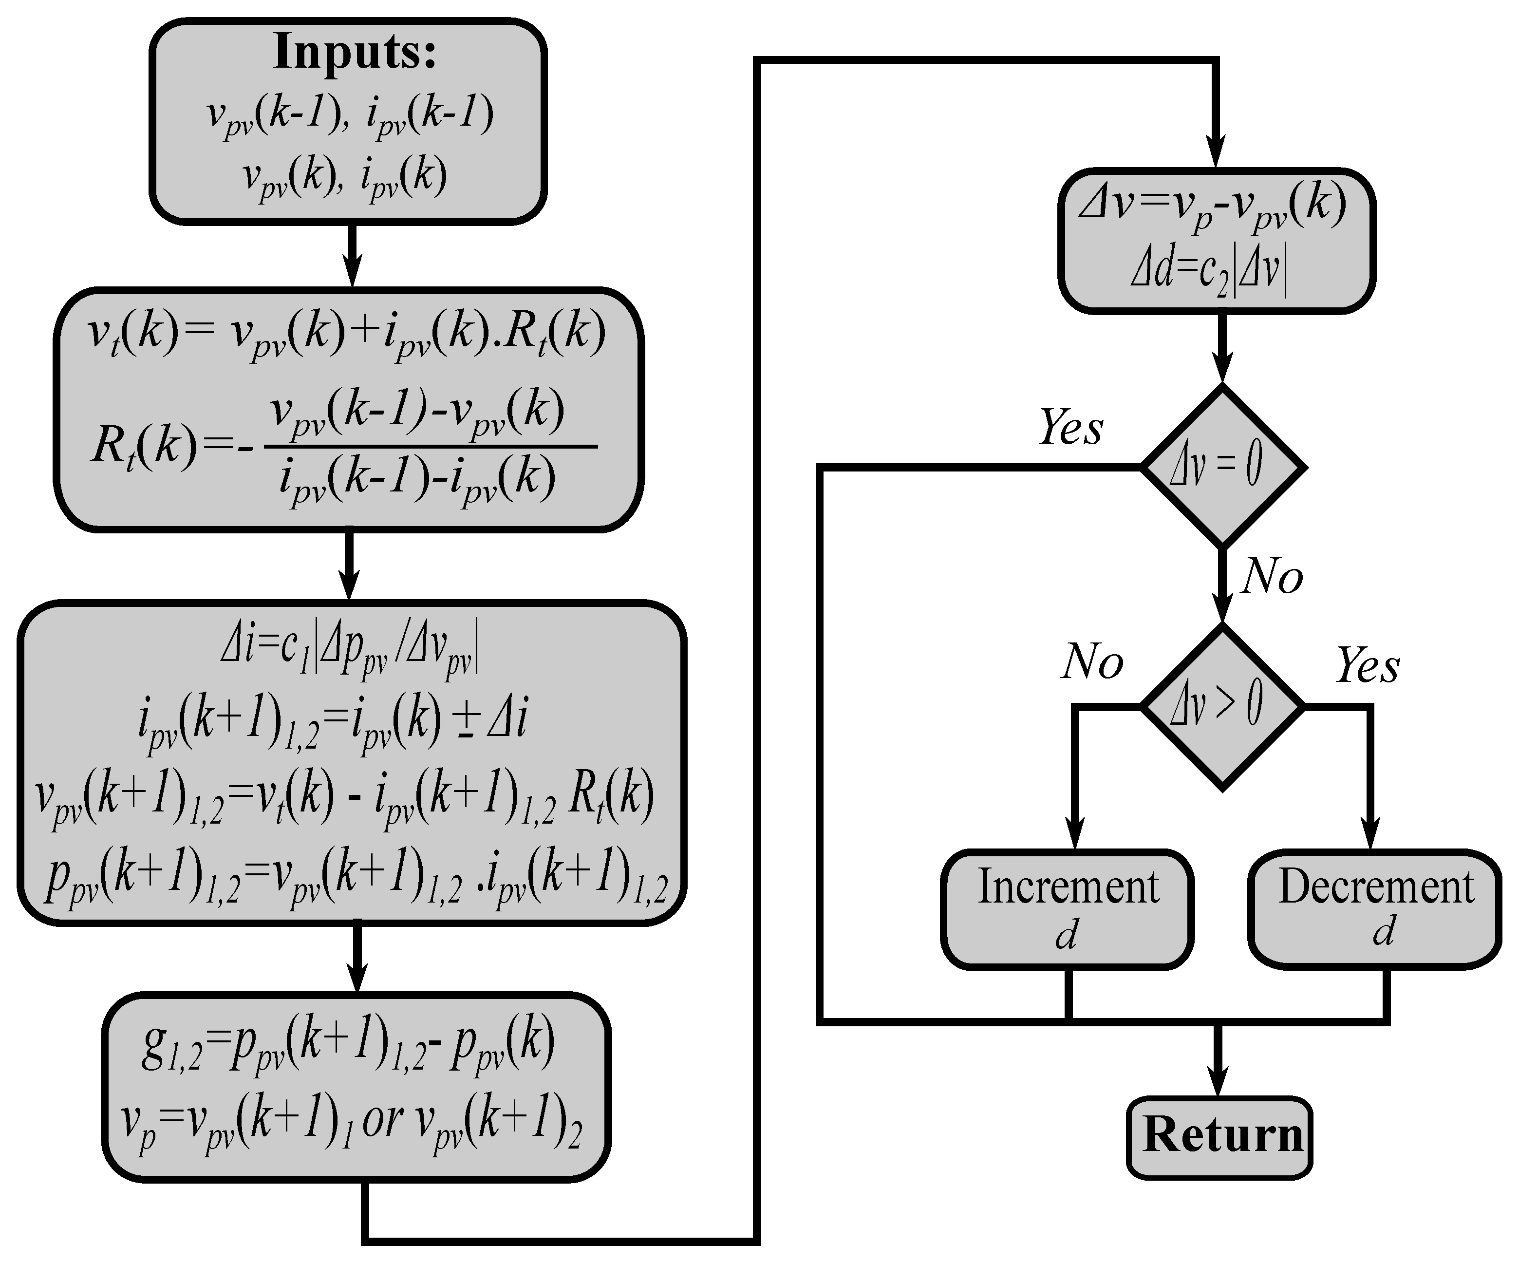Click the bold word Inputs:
coord(355,52)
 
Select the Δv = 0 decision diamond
coord(1222,466)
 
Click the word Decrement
coord(1376,887)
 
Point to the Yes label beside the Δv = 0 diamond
coord(1070,428)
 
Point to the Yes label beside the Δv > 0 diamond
coord(1367,665)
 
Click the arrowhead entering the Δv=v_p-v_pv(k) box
coord(1216,155)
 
